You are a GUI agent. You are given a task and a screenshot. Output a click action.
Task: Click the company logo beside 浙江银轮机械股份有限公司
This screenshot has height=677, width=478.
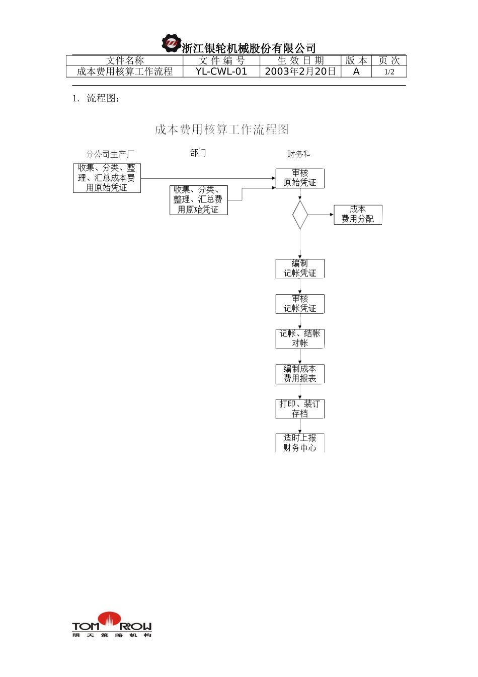tap(171, 43)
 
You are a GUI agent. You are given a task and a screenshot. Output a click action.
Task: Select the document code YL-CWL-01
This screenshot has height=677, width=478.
tap(221, 72)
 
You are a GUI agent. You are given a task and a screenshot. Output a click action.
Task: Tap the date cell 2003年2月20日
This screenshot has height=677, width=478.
tap(300, 72)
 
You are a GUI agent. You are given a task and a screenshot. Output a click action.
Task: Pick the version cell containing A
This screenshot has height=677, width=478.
tap(356, 72)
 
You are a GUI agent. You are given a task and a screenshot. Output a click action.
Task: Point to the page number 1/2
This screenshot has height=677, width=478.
tap(389, 72)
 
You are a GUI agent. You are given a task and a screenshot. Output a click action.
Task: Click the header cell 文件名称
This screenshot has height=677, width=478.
tap(125, 60)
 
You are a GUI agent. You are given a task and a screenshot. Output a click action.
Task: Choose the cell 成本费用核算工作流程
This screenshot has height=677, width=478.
tap(125, 72)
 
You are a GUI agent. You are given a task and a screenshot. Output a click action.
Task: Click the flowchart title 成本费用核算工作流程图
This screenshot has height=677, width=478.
tap(222, 129)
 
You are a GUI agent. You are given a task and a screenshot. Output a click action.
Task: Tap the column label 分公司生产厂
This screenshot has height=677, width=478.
tap(110, 154)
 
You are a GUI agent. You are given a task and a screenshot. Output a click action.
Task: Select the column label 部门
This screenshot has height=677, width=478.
tap(198, 153)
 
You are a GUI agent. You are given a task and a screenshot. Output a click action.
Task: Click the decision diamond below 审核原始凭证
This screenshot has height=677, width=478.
tap(300, 215)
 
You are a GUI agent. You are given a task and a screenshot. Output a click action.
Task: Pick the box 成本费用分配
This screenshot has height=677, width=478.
tap(358, 214)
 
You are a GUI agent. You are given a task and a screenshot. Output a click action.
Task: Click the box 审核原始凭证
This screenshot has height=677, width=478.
tap(300, 178)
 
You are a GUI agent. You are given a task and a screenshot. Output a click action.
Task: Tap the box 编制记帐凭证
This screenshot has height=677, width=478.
tap(300, 268)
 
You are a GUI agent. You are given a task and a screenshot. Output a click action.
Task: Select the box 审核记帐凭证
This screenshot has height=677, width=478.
tap(300, 304)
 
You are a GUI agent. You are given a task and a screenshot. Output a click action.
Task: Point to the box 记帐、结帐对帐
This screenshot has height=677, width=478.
tap(300, 338)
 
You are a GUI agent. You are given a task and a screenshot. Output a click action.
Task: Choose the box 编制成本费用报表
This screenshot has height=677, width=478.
tap(300, 374)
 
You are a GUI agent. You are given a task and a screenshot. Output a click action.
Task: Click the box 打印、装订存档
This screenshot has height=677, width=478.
tap(300, 409)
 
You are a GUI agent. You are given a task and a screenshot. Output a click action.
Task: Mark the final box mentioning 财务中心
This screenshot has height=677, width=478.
tap(300, 443)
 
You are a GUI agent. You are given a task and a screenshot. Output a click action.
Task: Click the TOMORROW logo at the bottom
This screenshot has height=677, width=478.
tap(112, 625)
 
